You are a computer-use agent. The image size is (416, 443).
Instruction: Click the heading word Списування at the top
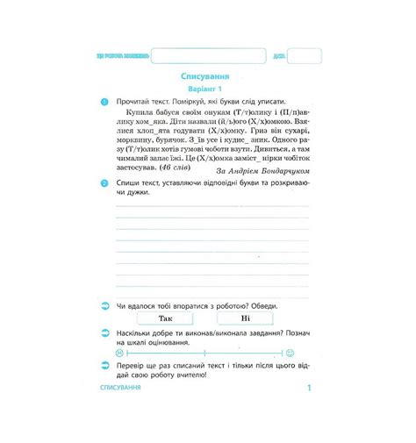207,76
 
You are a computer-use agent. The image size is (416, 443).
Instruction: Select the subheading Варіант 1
207,89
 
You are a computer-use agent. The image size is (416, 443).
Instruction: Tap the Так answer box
166,318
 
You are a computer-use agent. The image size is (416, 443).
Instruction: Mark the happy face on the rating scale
290,353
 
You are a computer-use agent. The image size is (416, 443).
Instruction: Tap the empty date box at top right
304,55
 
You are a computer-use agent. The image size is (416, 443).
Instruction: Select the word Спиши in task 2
129,183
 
